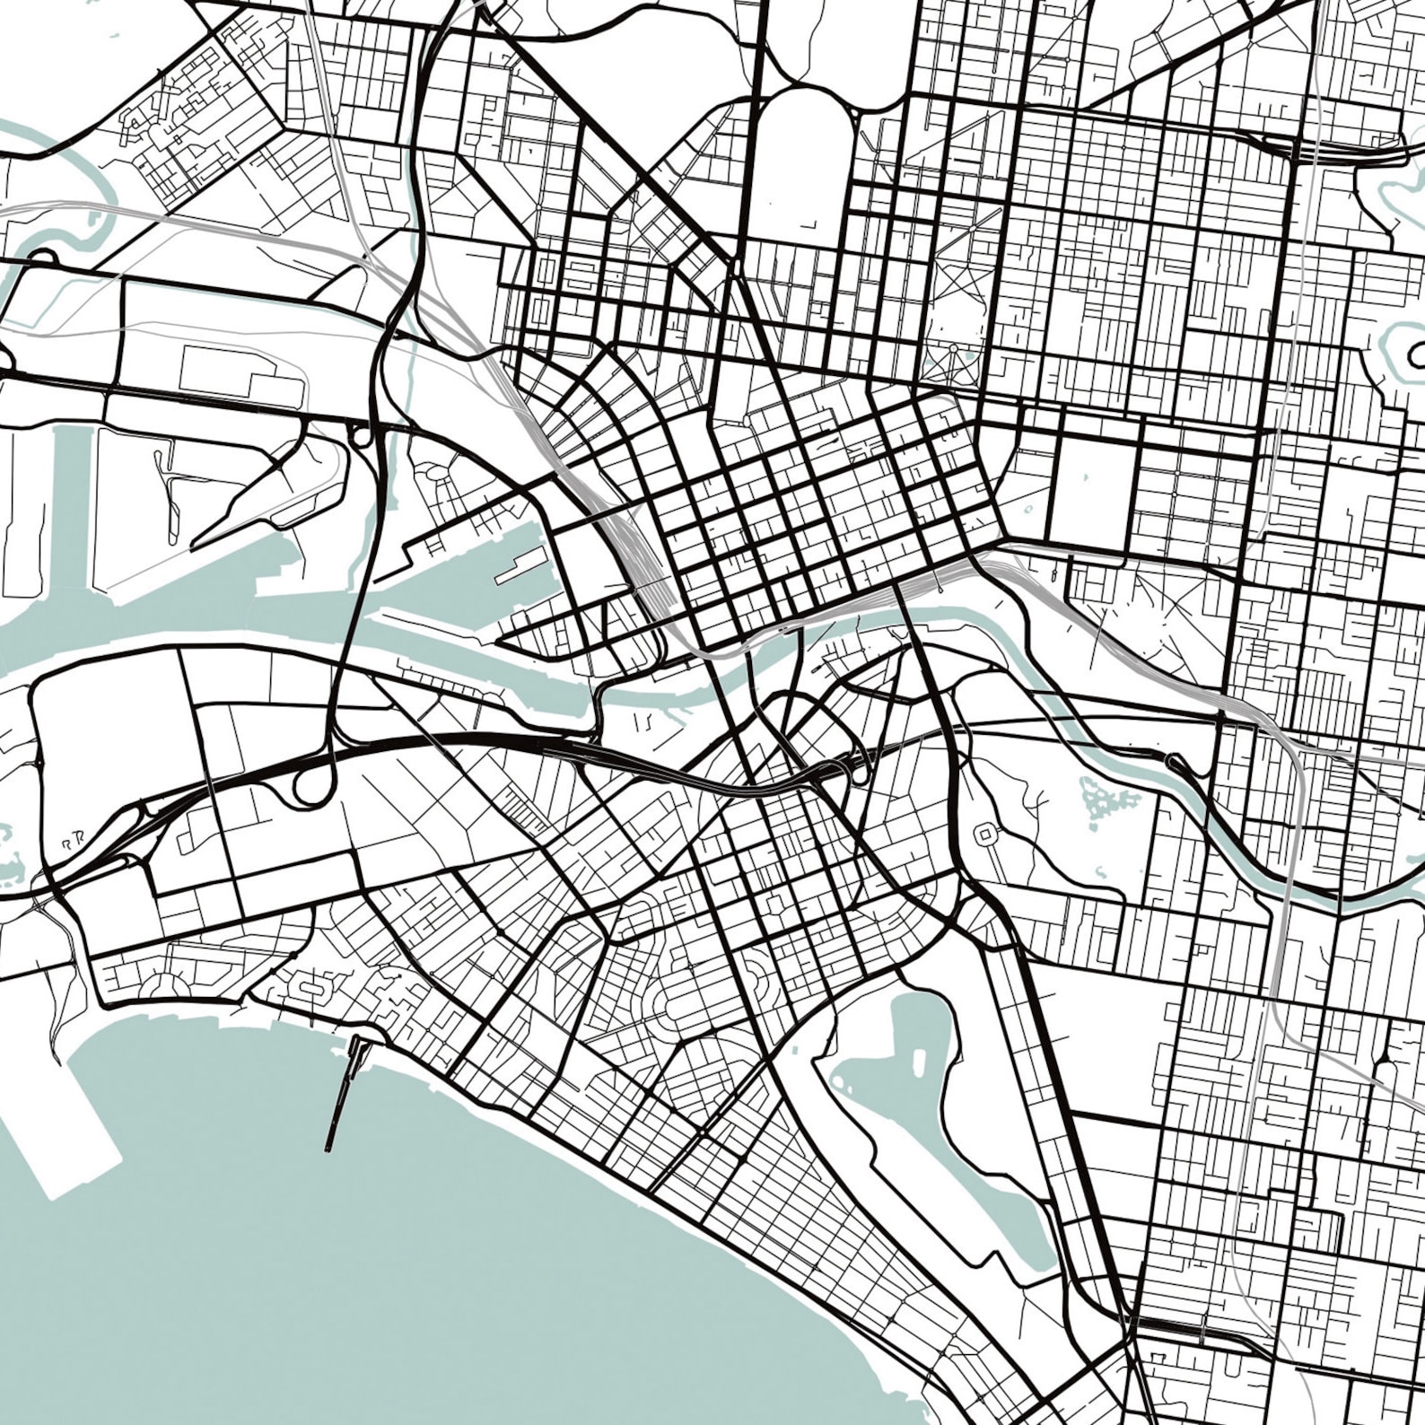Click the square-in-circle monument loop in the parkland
tap(985, 835)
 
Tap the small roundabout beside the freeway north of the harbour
tap(362, 438)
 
